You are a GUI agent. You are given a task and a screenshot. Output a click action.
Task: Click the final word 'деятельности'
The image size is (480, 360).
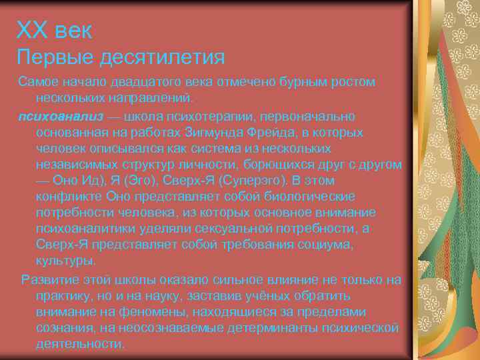pyautogui.click(x=79, y=344)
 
